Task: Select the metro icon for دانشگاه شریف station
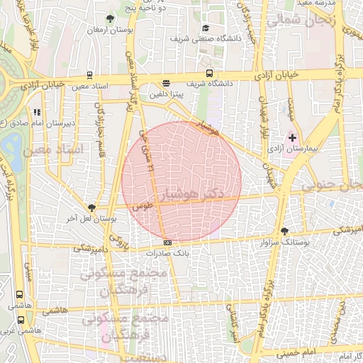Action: pos(209,73)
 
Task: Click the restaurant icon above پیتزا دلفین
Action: pos(166,82)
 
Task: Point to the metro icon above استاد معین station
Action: pos(89,74)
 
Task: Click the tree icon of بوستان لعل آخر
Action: pos(91,207)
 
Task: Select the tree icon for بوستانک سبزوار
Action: pos(285,231)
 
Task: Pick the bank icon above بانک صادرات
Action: pos(167,242)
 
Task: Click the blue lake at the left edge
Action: pos(11,150)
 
